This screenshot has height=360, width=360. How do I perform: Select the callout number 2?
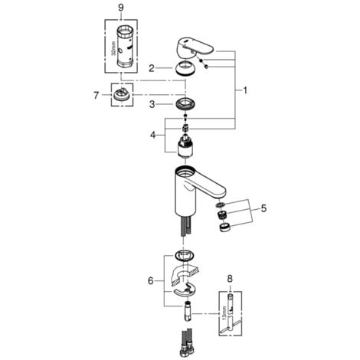152,68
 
